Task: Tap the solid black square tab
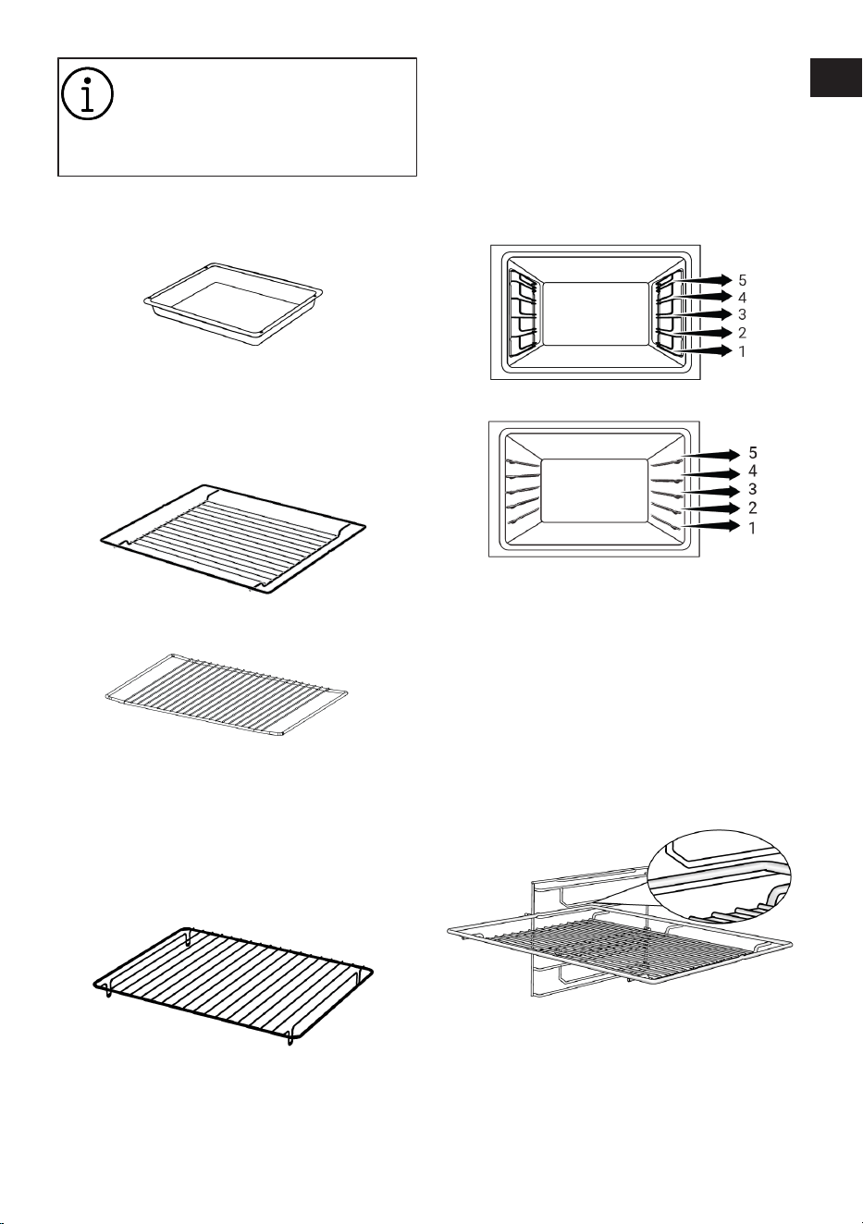[835, 78]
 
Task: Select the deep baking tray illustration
[233, 304]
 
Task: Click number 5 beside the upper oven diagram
[742, 280]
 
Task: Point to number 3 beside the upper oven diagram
[742, 314]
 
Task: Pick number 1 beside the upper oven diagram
[742, 351]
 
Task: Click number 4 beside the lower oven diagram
[753, 471]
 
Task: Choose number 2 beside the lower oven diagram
[753, 508]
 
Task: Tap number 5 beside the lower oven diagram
[753, 452]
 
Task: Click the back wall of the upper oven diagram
[596, 313]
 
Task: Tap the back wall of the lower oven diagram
[594, 490]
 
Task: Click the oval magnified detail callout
[719, 875]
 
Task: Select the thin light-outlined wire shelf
[226, 694]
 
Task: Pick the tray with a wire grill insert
[233, 539]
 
